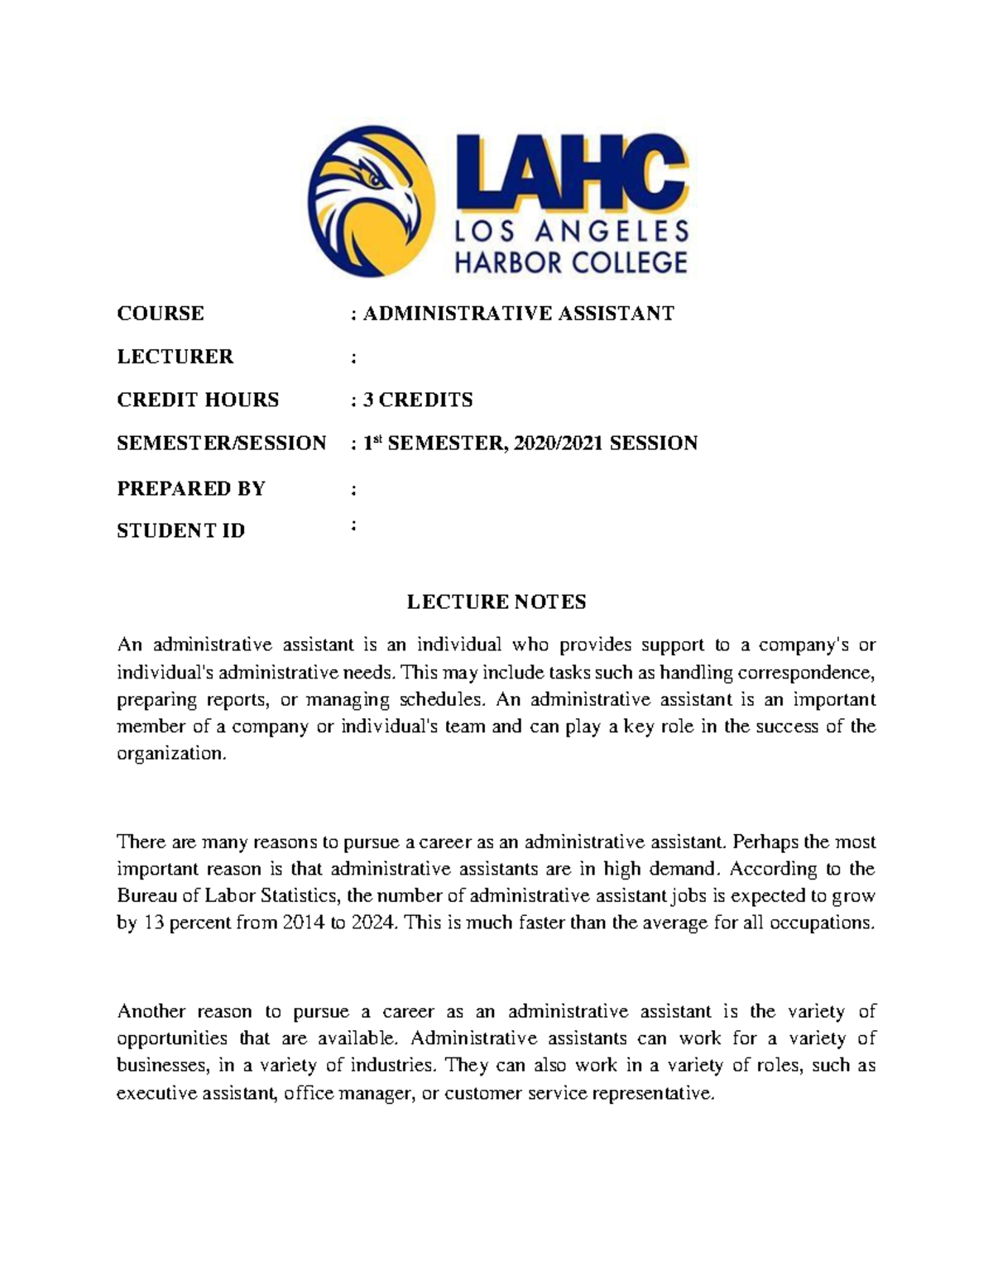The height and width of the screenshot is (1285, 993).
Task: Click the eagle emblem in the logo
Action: pyautogui.click(x=371, y=201)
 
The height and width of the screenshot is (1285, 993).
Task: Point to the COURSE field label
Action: pyautogui.click(x=161, y=314)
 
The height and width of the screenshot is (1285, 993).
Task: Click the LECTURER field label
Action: pyautogui.click(x=175, y=357)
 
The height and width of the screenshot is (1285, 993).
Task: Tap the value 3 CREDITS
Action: pyautogui.click(x=418, y=400)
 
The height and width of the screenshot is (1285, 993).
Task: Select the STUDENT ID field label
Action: pyautogui.click(x=181, y=530)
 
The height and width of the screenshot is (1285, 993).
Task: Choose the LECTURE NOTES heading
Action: pyautogui.click(x=496, y=602)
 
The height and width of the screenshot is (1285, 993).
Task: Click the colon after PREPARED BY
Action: pyautogui.click(x=354, y=489)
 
